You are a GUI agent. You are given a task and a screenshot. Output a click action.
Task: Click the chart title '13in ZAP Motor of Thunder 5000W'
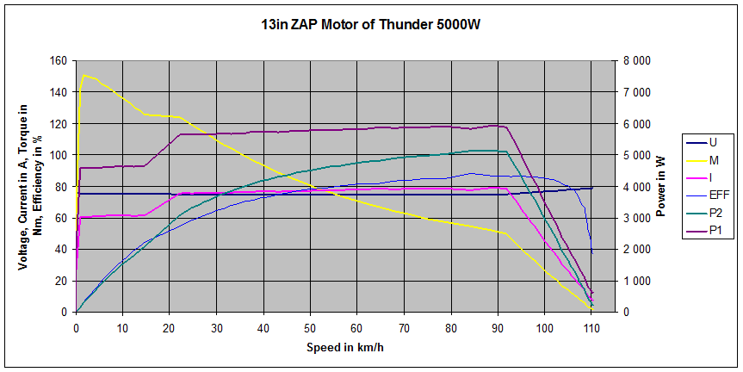(x=371, y=25)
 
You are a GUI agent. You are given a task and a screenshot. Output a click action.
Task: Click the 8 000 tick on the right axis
(x=638, y=61)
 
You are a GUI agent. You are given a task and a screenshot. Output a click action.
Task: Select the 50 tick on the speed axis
(x=310, y=328)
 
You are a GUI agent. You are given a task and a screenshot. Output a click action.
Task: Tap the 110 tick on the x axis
(x=591, y=328)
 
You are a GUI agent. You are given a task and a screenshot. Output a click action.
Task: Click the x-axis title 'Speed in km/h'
(x=344, y=348)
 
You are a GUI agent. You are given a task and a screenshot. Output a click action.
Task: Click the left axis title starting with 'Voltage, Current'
(x=30, y=187)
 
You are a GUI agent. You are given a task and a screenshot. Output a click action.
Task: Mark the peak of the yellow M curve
(x=84, y=76)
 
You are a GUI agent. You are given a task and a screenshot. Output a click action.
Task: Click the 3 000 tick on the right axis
(x=638, y=218)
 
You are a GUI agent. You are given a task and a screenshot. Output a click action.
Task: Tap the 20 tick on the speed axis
(x=170, y=328)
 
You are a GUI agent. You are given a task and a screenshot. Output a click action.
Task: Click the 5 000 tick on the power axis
(x=638, y=155)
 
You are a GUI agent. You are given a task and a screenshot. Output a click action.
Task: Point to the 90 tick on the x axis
(x=498, y=328)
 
